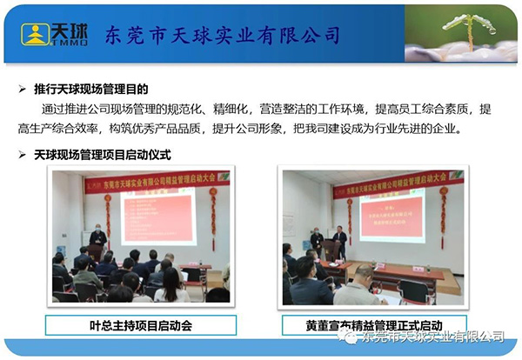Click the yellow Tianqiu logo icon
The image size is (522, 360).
36,34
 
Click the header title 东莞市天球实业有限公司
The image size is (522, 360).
222,36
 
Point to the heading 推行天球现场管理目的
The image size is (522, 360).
91,88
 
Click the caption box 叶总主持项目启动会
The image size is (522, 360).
140,325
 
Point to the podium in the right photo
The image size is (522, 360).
331,252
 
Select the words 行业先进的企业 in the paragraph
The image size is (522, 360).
424,129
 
